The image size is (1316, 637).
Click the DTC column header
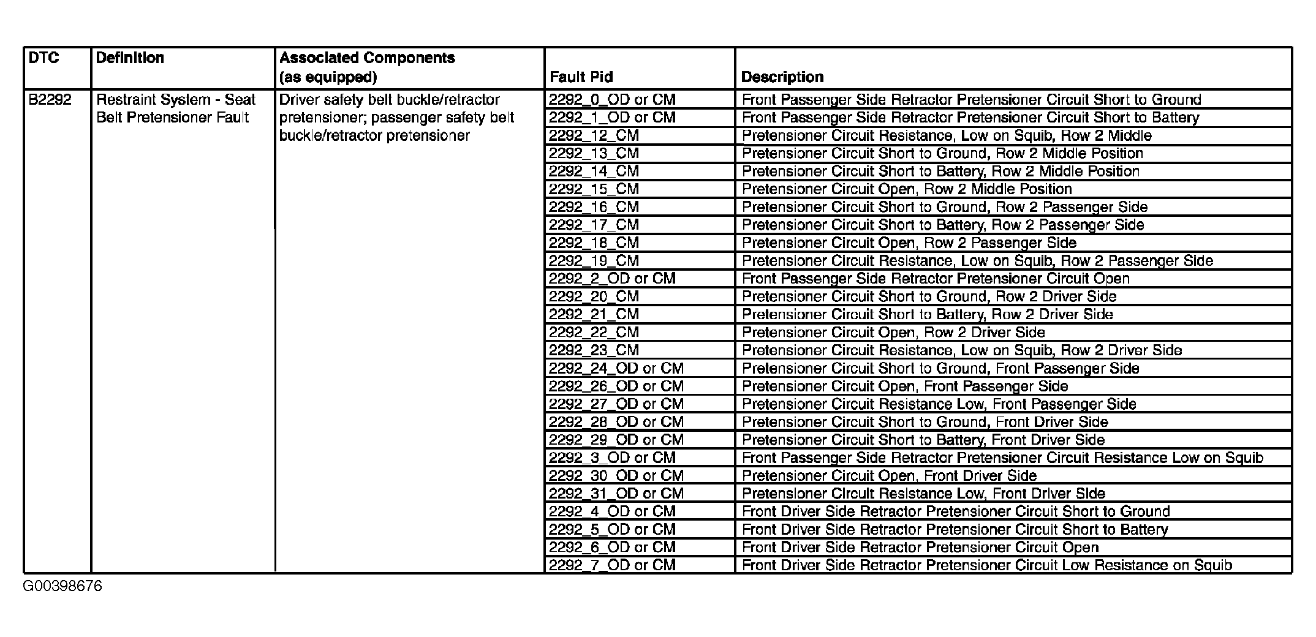pos(44,58)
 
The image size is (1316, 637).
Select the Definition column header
pos(130,58)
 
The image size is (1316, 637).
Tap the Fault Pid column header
pos(581,77)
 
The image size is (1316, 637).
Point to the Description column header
pos(782,77)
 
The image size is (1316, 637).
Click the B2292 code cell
pos(50,100)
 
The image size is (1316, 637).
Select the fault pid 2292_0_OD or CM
pos(611,100)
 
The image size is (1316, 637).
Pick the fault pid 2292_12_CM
pos(593,135)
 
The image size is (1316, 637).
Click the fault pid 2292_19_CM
pos(593,261)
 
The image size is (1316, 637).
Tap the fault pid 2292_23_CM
pos(593,350)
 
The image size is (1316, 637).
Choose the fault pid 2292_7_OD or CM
pos(611,565)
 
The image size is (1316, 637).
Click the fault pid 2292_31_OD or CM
pos(616,494)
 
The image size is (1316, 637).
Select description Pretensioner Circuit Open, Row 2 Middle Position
pos(907,189)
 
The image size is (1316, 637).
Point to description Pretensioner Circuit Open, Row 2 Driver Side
pos(893,333)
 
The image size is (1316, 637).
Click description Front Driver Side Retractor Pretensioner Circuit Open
pos(920,548)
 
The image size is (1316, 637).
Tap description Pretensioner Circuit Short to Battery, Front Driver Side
pos(923,440)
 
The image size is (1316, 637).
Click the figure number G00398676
pos(62,587)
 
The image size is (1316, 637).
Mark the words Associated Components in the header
pos(367,58)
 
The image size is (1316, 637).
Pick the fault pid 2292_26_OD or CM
pos(616,386)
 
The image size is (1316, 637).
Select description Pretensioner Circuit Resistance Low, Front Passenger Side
pos(939,404)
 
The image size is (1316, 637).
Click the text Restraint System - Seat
pos(176,100)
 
